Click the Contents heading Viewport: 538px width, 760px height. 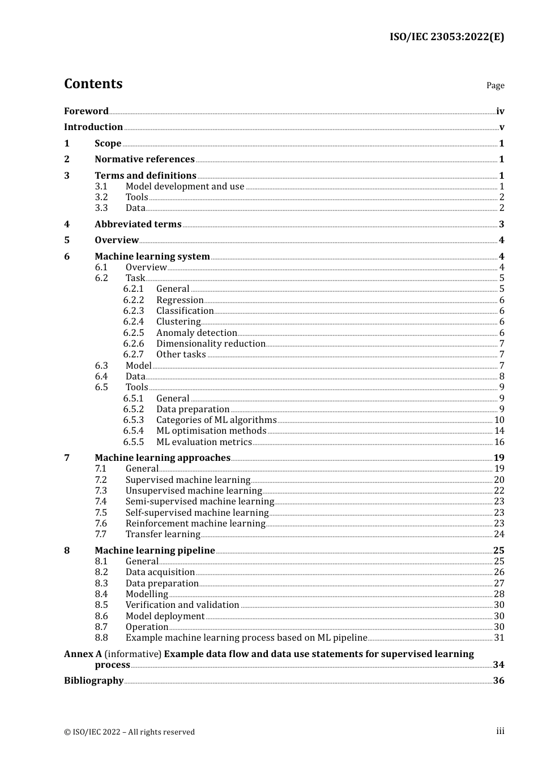(x=93, y=84)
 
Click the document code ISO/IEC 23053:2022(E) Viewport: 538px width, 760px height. (x=446, y=37)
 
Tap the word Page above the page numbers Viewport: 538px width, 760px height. (x=495, y=85)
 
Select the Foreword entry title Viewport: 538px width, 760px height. (x=86, y=111)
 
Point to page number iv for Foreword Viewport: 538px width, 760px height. (x=500, y=111)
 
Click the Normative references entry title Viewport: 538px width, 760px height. (x=144, y=159)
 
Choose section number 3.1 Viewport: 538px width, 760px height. (x=101, y=187)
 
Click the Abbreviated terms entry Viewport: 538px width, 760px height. (x=138, y=224)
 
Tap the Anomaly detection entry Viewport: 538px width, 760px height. (x=197, y=333)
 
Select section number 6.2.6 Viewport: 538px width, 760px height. (x=134, y=344)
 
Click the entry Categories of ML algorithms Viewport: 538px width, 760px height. (x=216, y=420)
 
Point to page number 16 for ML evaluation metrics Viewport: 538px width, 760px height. (x=499, y=442)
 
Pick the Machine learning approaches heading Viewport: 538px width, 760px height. (x=163, y=458)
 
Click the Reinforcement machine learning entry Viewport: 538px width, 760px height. (x=195, y=524)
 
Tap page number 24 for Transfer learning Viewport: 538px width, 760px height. (x=499, y=534)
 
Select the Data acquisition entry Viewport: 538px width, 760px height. (x=160, y=572)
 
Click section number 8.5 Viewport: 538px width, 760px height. (x=101, y=605)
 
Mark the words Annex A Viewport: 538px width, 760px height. (x=83, y=654)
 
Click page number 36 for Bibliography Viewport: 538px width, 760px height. (x=498, y=681)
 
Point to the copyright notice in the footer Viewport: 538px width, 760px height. (x=129, y=732)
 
